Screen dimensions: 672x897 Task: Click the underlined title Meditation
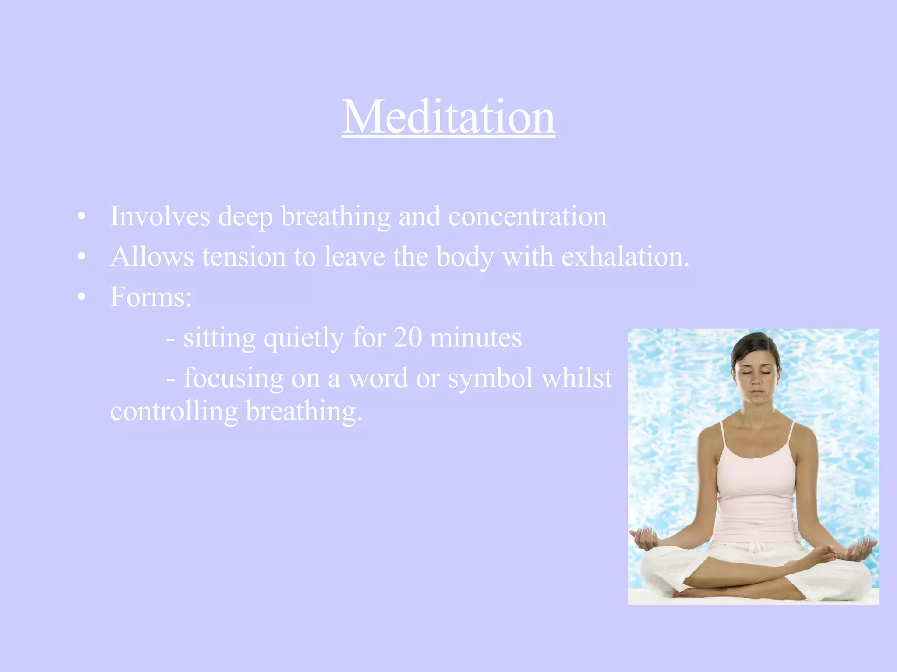point(448,117)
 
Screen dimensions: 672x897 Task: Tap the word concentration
point(527,216)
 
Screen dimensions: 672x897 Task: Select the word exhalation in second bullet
point(625,257)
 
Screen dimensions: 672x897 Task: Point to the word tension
point(244,257)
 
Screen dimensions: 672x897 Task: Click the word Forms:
point(151,297)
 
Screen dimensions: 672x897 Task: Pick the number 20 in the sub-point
point(407,338)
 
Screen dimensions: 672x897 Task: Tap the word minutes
point(476,338)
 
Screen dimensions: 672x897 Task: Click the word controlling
point(174,412)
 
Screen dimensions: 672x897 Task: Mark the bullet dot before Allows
point(81,257)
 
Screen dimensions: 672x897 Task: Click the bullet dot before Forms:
point(81,297)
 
